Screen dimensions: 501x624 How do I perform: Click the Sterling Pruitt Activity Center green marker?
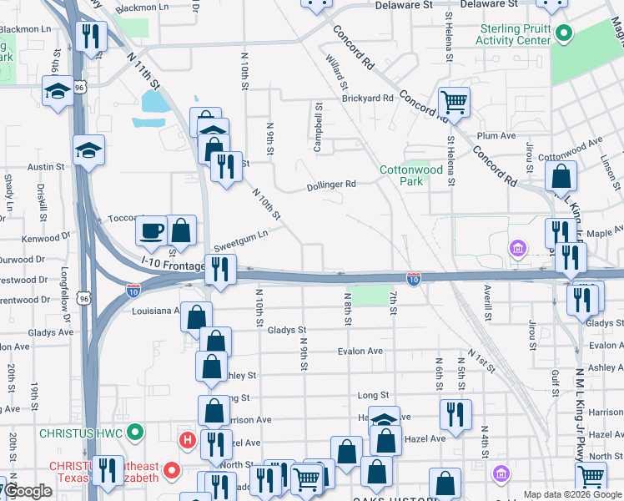tap(564, 35)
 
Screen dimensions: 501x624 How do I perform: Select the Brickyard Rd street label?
tap(367, 99)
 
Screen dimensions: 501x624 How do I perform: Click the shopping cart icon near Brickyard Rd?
tap(454, 103)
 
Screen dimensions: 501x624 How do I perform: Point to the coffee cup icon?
tap(152, 230)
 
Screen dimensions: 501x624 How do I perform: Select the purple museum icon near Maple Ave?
tap(517, 248)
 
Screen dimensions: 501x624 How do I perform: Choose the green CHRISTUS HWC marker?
tap(138, 433)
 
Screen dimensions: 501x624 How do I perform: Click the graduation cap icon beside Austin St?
tap(88, 150)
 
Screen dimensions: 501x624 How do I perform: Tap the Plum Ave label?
tap(492, 135)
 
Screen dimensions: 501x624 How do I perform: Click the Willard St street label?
tap(337, 73)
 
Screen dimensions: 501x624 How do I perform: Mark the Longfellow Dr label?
tap(65, 289)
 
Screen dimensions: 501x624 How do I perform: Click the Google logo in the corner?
tap(27, 492)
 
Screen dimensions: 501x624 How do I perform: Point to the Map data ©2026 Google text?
tap(573, 494)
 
